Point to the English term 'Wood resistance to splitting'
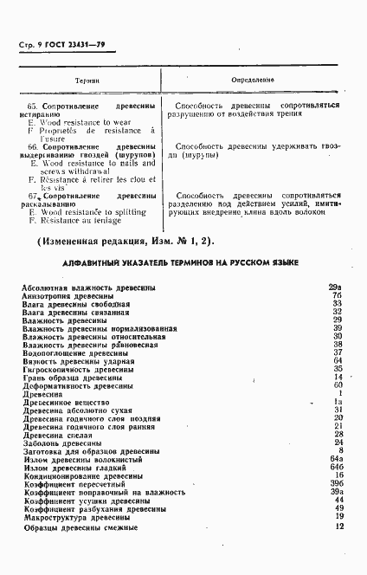coord(87,211)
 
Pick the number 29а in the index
coord(337,287)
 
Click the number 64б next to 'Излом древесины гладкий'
coord(337,468)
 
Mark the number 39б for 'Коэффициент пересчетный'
coord(337,484)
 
